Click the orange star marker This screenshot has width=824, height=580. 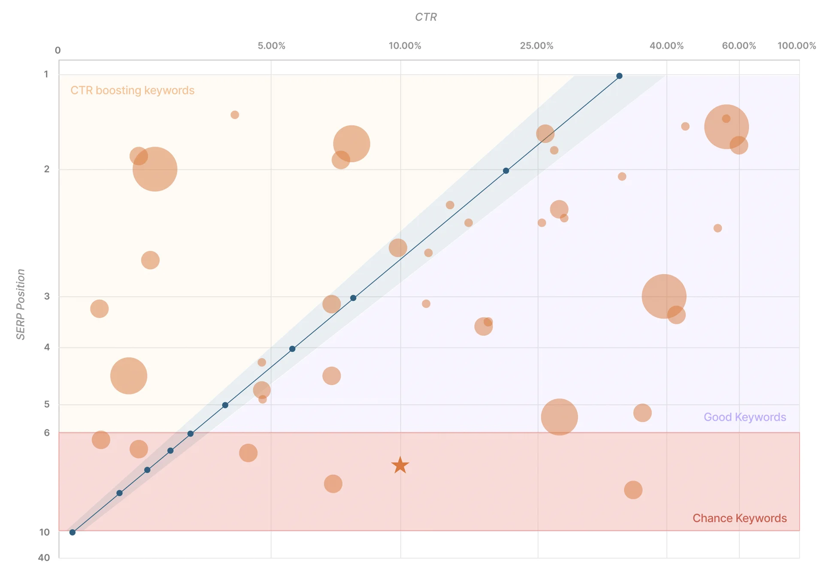coord(400,465)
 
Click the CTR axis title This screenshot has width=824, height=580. coord(426,17)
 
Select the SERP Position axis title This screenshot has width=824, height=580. coord(21,304)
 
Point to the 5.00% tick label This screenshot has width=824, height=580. coord(271,46)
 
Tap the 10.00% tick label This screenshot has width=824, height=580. coord(405,46)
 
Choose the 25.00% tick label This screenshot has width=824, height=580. coord(536,46)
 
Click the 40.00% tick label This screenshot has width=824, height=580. coord(666,46)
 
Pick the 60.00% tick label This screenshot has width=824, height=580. coord(739,46)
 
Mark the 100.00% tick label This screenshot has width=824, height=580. coord(797,46)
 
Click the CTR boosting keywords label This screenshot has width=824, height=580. coord(132,91)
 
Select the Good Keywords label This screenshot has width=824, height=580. coord(745,417)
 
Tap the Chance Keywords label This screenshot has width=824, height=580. coord(739,518)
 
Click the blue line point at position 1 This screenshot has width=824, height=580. coord(619,76)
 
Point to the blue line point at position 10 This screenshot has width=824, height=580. coord(73,532)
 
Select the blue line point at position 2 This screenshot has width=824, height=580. coord(506,171)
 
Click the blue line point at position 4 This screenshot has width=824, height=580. coord(292,349)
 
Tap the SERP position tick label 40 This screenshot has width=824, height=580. coord(44,558)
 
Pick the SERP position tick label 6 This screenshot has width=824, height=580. coord(47,433)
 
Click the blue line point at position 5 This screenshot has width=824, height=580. coord(225,405)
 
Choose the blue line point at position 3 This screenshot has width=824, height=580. coord(353,298)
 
